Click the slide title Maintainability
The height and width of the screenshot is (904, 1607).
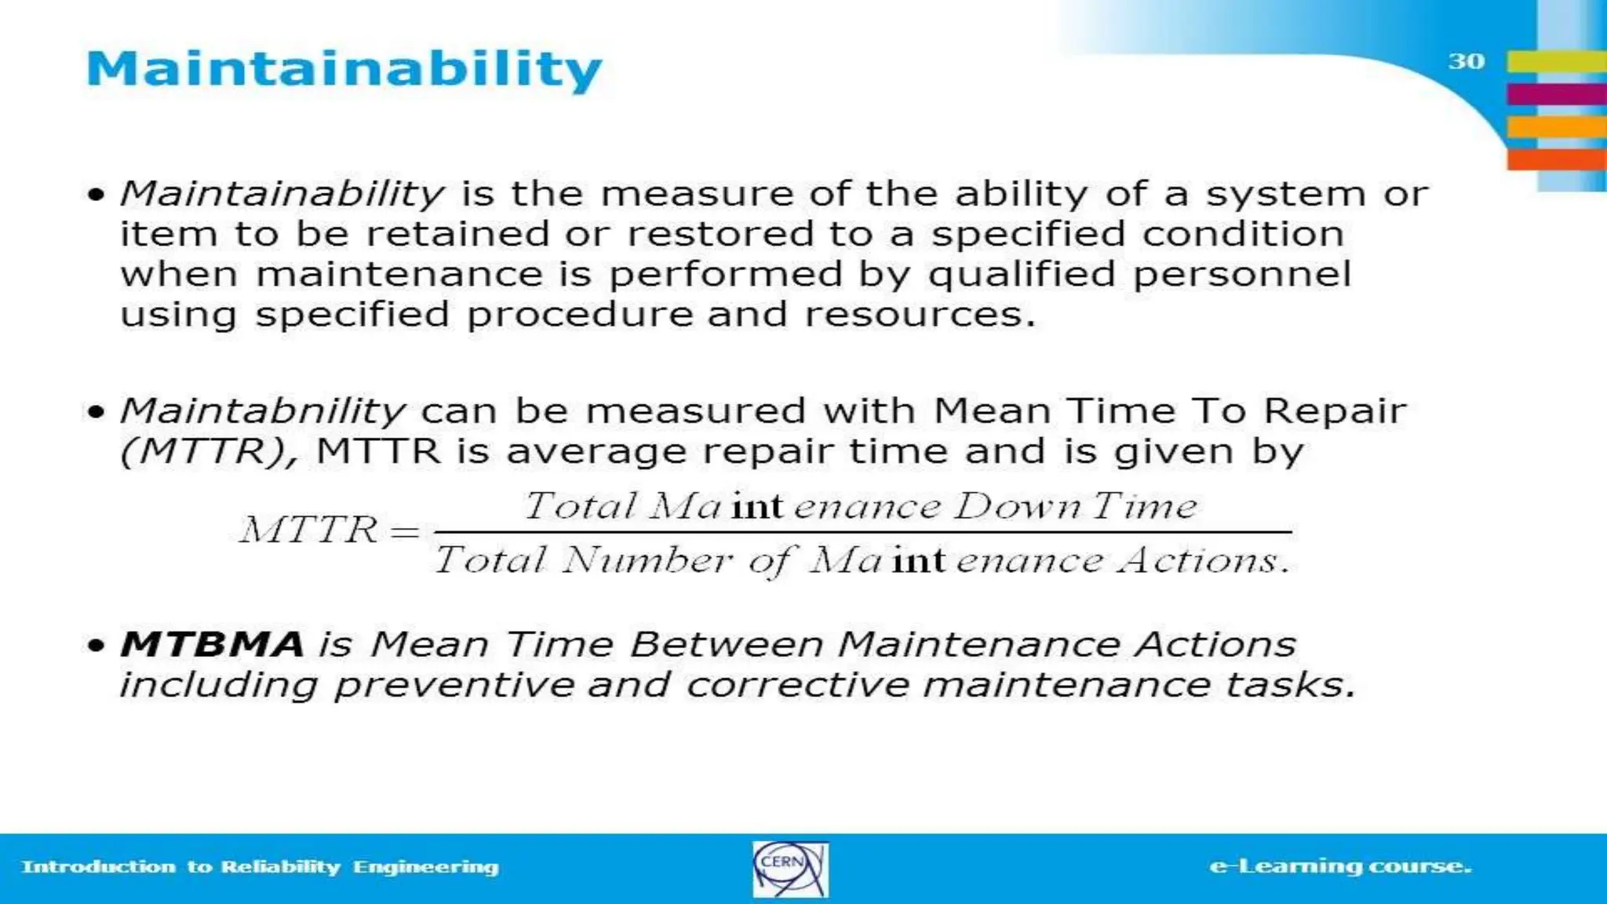coord(344,69)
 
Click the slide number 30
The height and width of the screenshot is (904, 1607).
coord(1466,61)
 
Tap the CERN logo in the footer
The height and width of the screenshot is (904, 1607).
coord(789,869)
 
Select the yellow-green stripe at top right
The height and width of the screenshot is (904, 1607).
coord(1556,61)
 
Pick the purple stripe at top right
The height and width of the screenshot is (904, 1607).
coord(1556,94)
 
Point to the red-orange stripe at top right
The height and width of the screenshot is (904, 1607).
coord(1556,159)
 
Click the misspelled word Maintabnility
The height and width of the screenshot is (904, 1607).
coord(262,411)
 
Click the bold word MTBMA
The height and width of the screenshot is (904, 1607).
coord(211,644)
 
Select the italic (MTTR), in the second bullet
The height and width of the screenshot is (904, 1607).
coord(209,452)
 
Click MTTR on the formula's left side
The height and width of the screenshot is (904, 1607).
coord(308,530)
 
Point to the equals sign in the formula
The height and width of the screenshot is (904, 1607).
coord(405,532)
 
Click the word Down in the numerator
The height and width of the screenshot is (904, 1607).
coord(1017,506)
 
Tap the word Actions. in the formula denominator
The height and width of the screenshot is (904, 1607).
coord(1204,560)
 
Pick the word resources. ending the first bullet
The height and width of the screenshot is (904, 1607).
coord(920,315)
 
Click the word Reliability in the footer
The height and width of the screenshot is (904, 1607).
coord(280,867)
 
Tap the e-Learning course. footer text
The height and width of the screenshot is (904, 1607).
coord(1339,866)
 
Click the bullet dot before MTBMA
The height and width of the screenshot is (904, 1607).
coord(96,646)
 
